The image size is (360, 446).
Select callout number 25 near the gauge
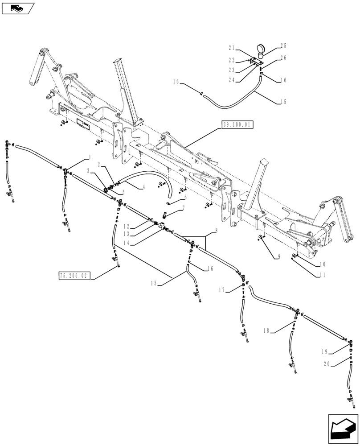tap(283, 45)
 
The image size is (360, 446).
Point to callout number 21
tap(231, 48)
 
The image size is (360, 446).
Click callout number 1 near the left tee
tap(90, 157)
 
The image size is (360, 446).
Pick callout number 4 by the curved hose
tap(143, 188)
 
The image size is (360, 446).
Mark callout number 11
tap(322, 276)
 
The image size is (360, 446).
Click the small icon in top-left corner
tap(18, 8)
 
